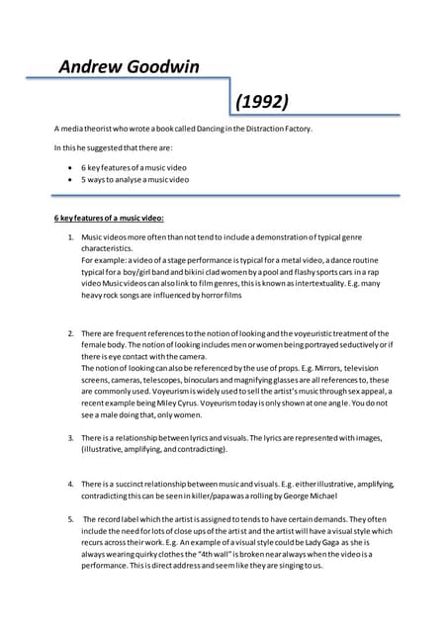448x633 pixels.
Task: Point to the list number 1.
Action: (x=70, y=239)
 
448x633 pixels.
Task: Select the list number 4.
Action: (x=70, y=483)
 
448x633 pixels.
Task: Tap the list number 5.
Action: (x=70, y=518)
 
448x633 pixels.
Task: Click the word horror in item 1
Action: (x=203, y=295)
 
